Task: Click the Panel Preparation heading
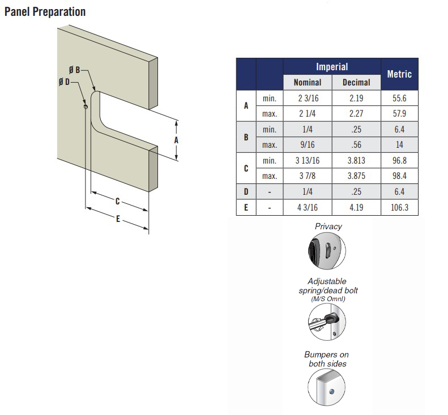[x=45, y=12]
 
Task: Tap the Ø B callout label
[x=75, y=70]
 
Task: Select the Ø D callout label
[x=65, y=82]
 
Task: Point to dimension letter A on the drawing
[x=176, y=140]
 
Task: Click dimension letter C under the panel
[x=117, y=202]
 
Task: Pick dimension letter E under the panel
[x=118, y=219]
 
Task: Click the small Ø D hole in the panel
[x=86, y=107]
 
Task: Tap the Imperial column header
[x=332, y=67]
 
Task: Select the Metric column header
[x=399, y=74]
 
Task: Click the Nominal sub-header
[x=308, y=83]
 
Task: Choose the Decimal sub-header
[x=356, y=83]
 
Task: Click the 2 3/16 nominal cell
[x=308, y=99]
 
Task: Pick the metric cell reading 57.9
[x=399, y=114]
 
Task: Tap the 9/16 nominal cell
[x=308, y=145]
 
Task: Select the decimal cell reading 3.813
[x=356, y=161]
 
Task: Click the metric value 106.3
[x=399, y=207]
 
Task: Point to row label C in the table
[x=246, y=168]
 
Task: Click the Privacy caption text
[x=328, y=226]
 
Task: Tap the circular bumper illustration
[x=327, y=387]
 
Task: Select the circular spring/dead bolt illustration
[x=327, y=322]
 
